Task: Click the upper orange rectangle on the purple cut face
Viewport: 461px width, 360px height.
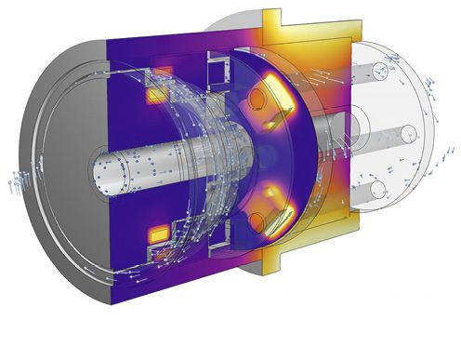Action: pyautogui.click(x=161, y=73)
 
